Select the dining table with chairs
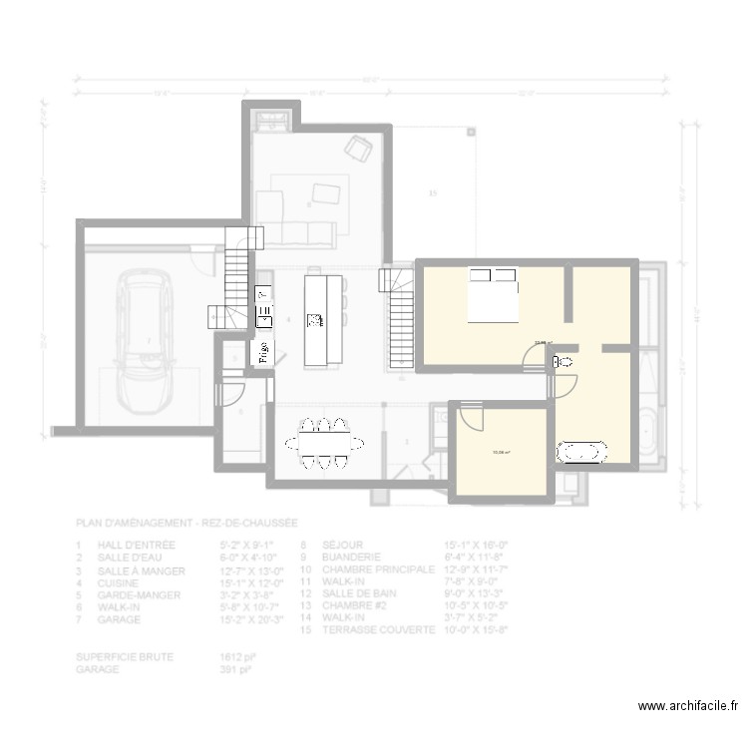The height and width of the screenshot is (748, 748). click(325, 440)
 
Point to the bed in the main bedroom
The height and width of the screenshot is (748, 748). click(493, 295)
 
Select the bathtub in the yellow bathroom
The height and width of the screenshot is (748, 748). click(580, 452)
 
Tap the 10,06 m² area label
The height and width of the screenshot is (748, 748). click(501, 452)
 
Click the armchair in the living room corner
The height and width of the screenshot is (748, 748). click(358, 149)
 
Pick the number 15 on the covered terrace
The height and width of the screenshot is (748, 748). click(432, 192)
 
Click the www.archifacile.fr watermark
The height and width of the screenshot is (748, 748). click(688, 705)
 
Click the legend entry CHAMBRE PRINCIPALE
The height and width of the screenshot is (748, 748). click(378, 568)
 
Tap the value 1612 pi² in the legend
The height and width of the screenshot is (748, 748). click(234, 657)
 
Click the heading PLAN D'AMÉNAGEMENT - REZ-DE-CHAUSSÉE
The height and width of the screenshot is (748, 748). click(187, 523)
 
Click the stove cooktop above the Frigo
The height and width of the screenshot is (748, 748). click(263, 295)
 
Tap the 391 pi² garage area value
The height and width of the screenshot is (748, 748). click(234, 669)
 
